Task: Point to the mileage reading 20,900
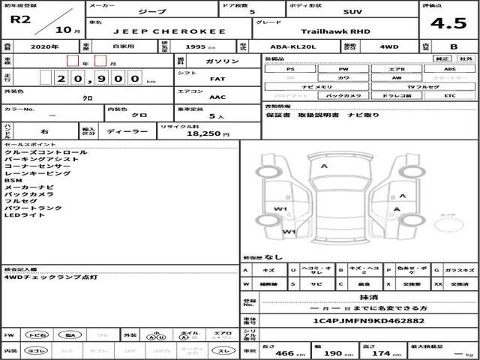[97, 77]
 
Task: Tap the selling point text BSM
[13, 181]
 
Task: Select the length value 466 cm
[283, 353]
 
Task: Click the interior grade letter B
[453, 46]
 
